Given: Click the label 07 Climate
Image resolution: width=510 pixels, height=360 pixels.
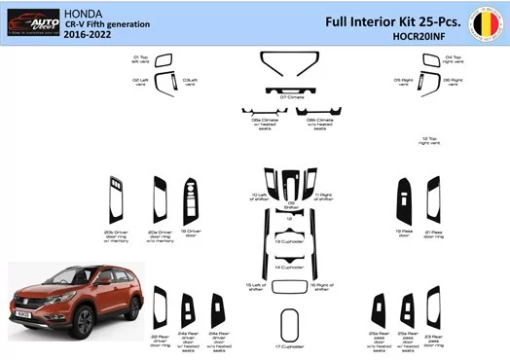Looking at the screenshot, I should (x=290, y=98).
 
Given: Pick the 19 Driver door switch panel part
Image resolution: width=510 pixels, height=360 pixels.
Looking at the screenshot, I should (x=189, y=203).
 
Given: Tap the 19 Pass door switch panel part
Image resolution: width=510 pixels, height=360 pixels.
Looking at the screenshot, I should (x=400, y=203).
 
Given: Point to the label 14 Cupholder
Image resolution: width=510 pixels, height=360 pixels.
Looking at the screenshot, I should (x=289, y=267).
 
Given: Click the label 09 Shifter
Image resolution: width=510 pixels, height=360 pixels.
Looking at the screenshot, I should (x=290, y=206).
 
